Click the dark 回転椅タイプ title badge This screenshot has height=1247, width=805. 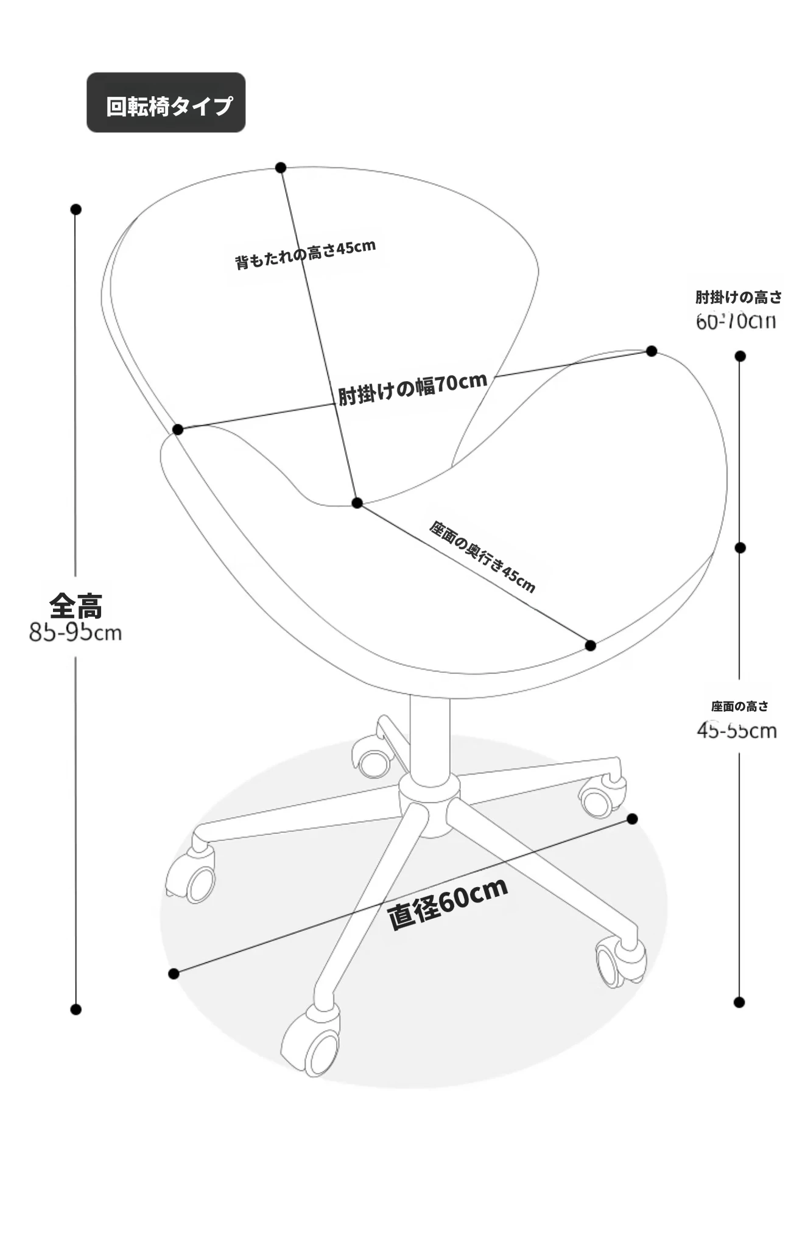[x=166, y=102]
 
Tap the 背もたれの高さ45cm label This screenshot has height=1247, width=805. [x=305, y=254]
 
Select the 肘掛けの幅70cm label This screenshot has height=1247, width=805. [x=413, y=388]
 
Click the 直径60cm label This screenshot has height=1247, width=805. [x=448, y=904]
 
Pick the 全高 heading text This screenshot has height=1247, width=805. [x=76, y=605]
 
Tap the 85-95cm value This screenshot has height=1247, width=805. [x=76, y=633]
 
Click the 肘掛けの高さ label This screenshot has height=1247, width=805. [x=738, y=297]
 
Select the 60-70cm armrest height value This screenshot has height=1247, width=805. [x=736, y=321]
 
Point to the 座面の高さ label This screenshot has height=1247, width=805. [x=739, y=706]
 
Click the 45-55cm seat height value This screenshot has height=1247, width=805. [x=737, y=730]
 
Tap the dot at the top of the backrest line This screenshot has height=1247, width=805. [x=281, y=167]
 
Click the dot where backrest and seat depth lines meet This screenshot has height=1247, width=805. [x=357, y=503]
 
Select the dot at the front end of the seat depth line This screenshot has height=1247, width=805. [x=590, y=645]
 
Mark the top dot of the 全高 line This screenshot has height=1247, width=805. [x=76, y=209]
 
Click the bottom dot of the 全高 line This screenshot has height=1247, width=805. [x=76, y=1010]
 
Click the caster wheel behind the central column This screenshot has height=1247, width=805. [x=372, y=762]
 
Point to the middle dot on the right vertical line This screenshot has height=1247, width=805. [x=740, y=548]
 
